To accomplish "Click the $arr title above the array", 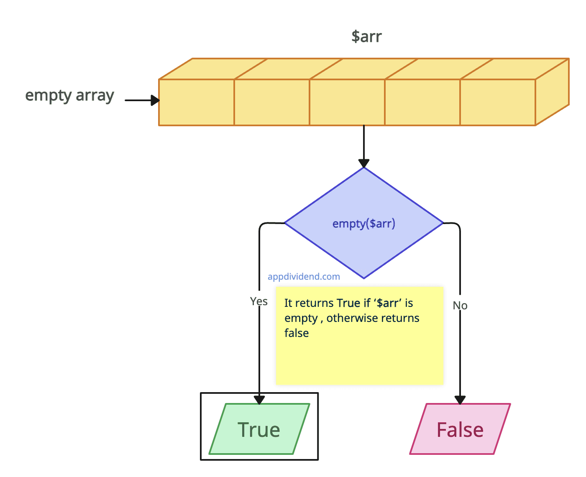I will [366, 37].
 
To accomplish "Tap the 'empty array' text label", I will [69, 96].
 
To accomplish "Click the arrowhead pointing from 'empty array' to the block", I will [155, 100].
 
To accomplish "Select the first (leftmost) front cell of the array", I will [196, 102].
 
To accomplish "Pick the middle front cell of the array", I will [347, 102].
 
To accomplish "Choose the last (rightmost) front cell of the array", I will [497, 102].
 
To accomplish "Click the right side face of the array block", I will [552, 92].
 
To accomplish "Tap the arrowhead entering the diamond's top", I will [364, 163].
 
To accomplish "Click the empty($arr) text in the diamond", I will [363, 224].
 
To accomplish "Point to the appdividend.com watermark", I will [304, 276].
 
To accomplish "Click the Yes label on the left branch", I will [258, 301].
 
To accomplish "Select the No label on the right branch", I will [460, 306].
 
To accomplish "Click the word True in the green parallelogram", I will [259, 430].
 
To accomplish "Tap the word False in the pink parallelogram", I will [460, 430].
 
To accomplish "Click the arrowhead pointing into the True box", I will [259, 399].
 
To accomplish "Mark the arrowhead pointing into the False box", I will [460, 400].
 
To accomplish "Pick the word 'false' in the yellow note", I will [297, 333].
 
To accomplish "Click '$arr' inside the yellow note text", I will [387, 303].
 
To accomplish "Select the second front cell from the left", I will [271, 102].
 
